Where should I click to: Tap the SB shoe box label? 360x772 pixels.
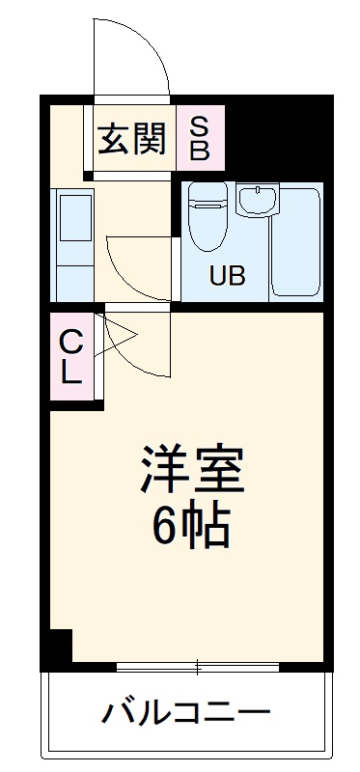(199, 138)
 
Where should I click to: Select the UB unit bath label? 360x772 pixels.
(228, 275)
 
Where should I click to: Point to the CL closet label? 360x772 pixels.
(71, 356)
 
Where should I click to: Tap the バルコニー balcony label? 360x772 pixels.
(185, 715)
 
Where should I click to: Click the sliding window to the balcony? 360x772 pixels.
(198, 666)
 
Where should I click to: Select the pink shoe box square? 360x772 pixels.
(200, 138)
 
